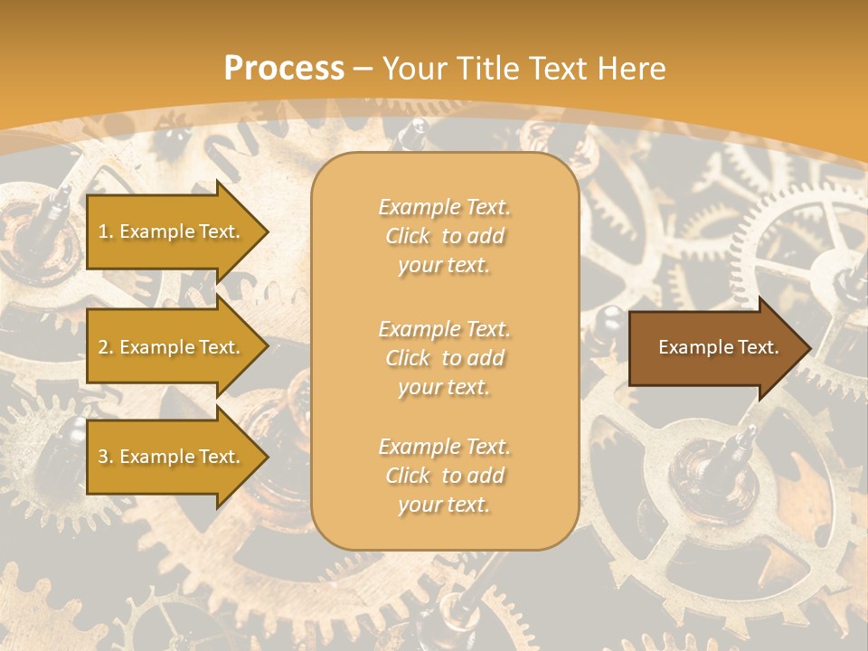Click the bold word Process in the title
[x=284, y=69]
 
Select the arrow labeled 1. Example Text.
[x=172, y=231]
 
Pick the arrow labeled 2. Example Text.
[x=172, y=347]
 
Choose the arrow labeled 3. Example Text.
[x=172, y=457]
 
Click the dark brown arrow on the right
[x=714, y=347]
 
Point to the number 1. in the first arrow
[x=106, y=232]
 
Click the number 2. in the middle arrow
[x=106, y=348]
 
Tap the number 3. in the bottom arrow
[x=106, y=458]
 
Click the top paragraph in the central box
[x=445, y=236]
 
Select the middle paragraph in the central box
[x=445, y=358]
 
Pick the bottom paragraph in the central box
[x=445, y=476]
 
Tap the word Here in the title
[x=633, y=69]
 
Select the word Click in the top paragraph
[x=408, y=237]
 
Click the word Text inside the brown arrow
[x=758, y=347]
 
